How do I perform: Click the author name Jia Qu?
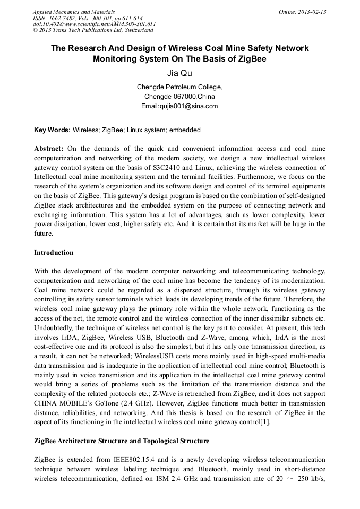click(x=179, y=73)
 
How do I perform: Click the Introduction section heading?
click(x=54, y=252)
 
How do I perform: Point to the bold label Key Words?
click(x=52, y=130)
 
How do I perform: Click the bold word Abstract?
click(x=49, y=149)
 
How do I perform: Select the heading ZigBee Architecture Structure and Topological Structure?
click(x=122, y=441)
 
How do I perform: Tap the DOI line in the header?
click(x=95, y=24)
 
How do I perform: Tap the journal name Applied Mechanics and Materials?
click(x=74, y=12)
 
